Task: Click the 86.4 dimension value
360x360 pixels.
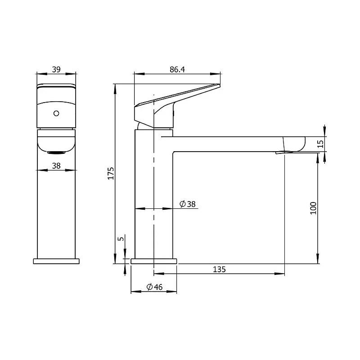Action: [177, 69]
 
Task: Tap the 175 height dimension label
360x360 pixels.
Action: [111, 173]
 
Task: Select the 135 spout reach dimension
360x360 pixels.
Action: [219, 269]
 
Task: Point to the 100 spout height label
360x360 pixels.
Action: [313, 208]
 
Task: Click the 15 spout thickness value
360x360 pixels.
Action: [320, 144]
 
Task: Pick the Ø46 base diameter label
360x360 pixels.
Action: [154, 287]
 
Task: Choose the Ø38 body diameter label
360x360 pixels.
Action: [187, 204]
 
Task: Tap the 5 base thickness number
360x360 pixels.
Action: [121, 238]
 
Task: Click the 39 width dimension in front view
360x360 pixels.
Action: [56, 69]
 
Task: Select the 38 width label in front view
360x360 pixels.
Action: [56, 166]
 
